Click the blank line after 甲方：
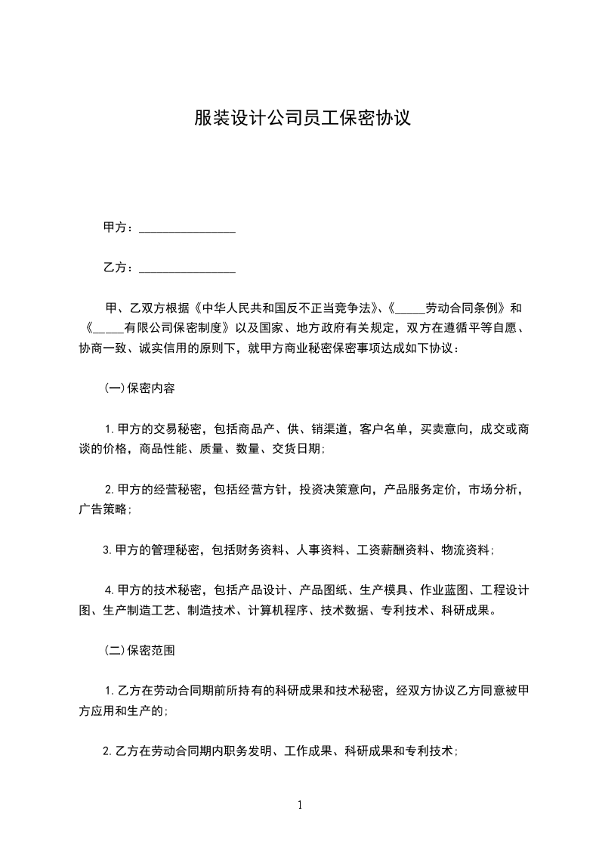[x=187, y=227]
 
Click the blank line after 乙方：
[x=187, y=268]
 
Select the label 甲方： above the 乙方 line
[x=119, y=227]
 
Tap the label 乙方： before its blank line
[x=119, y=268]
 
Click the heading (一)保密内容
[x=140, y=389]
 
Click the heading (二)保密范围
[x=140, y=650]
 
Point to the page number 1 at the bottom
[x=300, y=805]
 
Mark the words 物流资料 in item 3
[x=465, y=550]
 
